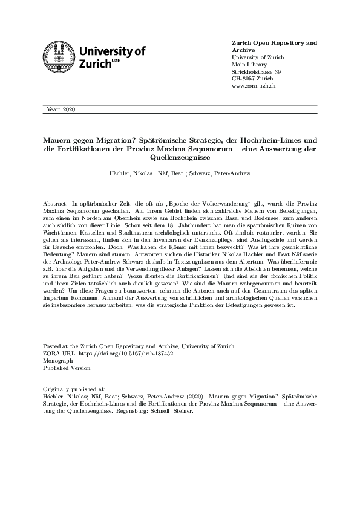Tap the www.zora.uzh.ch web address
[x=254, y=86]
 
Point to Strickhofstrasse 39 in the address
[x=256, y=72]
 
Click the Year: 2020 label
[x=61, y=109]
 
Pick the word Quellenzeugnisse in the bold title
[x=180, y=158]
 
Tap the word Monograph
[x=57, y=360]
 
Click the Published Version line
[x=67, y=368]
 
